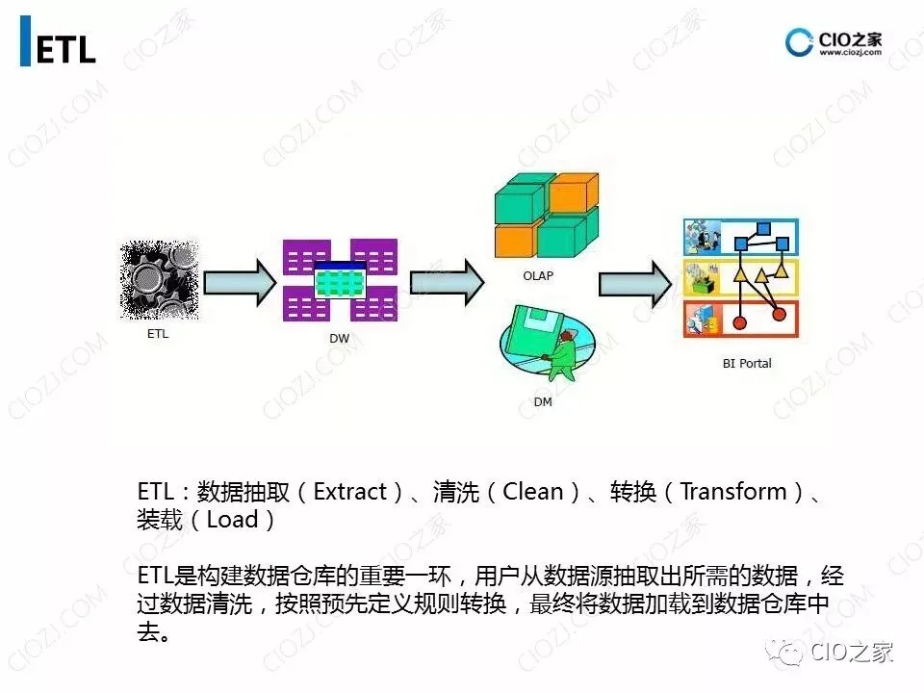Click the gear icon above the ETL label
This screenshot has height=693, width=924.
tap(160, 280)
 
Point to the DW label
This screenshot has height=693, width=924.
tap(339, 339)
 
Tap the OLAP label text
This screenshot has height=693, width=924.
tap(538, 275)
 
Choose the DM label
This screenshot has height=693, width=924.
tap(543, 401)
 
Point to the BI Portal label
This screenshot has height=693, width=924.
tap(747, 364)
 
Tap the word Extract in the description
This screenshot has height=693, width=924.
tap(350, 492)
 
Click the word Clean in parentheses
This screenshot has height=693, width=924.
tap(533, 492)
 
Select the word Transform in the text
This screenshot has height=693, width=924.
tap(732, 492)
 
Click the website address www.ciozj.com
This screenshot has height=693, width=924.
tap(850, 54)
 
